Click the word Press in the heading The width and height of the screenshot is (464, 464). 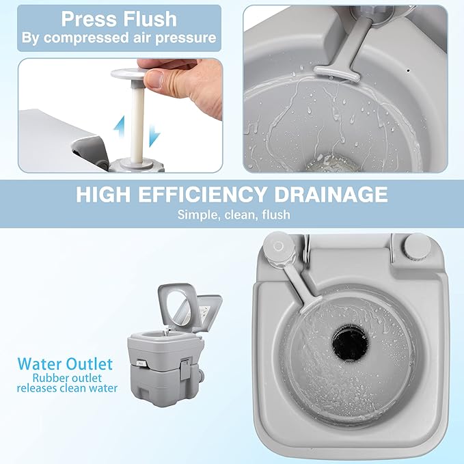89,20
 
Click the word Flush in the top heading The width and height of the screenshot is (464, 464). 150,20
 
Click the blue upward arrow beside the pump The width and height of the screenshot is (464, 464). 120,126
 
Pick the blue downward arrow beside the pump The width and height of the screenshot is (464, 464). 154,136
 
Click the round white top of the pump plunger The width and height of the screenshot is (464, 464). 128,73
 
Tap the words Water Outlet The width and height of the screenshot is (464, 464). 65,364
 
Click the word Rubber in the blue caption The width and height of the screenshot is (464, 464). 48,378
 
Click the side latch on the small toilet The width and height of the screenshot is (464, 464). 186,369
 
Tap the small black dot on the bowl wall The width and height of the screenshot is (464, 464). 409,70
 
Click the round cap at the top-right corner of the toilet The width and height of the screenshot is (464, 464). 418,247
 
